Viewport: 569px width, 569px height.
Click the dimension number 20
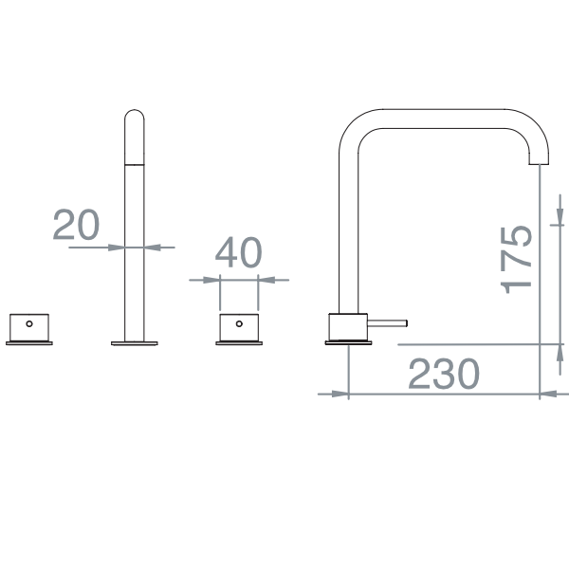point(76,225)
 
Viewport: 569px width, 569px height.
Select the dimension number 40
point(238,253)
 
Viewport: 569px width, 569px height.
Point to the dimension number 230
point(444,375)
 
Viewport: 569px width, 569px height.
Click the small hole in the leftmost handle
point(28,322)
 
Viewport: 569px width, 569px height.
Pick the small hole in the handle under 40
point(239,322)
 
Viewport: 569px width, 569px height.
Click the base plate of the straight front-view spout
point(136,343)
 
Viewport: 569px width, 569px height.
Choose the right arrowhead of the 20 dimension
point(152,247)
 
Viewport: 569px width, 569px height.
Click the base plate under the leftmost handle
point(28,343)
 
